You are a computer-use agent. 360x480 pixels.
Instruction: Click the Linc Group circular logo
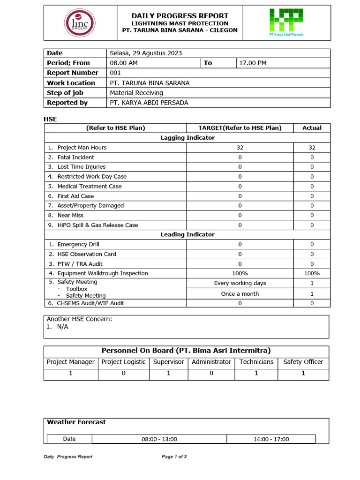80,22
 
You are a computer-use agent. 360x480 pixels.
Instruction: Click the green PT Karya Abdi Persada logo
286,22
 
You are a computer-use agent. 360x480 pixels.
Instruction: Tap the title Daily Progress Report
180,16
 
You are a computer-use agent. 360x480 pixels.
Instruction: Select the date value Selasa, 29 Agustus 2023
146,53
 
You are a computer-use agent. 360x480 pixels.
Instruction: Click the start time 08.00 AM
124,63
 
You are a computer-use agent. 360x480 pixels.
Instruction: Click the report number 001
115,73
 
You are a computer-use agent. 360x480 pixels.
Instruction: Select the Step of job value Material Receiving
136,93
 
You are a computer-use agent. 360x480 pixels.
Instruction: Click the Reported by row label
67,103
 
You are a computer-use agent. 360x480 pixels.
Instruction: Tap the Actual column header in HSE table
312,128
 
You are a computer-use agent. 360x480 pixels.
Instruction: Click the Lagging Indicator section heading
187,138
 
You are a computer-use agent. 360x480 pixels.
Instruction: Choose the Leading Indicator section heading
187,234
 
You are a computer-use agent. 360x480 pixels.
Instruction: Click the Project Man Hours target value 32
240,147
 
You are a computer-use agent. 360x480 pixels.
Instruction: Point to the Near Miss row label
70,215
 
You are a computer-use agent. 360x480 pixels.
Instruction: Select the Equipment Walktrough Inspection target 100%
240,273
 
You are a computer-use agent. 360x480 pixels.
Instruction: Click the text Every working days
240,283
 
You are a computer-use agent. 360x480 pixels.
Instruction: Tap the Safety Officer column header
303,362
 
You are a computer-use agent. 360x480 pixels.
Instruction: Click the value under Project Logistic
124,374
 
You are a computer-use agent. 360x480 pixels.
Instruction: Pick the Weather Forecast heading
76,422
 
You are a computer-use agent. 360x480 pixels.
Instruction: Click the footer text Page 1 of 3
174,457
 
